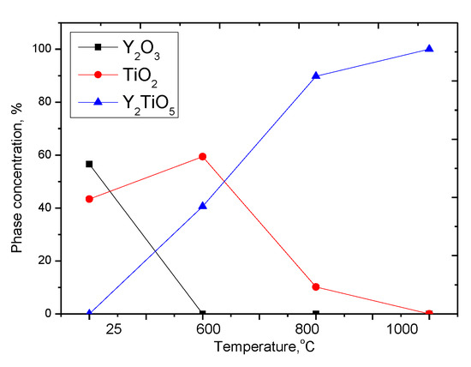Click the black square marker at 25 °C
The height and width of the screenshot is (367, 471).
coord(89,164)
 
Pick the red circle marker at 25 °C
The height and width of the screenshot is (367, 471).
coord(89,199)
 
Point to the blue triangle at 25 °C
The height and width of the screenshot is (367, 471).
coord(89,313)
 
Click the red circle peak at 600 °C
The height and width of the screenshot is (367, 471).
coord(202,156)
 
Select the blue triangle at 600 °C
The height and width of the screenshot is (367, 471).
coord(202,206)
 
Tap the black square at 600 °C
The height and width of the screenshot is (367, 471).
coord(202,314)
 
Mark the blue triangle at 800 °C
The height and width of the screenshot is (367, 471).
coord(316,75)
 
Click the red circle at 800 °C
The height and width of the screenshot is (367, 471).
coord(316,287)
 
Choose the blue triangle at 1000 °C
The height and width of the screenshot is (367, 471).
coord(429,49)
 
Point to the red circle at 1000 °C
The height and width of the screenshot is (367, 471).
coord(429,314)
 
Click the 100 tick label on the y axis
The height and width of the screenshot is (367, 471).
coord(40,50)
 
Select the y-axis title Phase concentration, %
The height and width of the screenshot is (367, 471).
coord(16,179)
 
